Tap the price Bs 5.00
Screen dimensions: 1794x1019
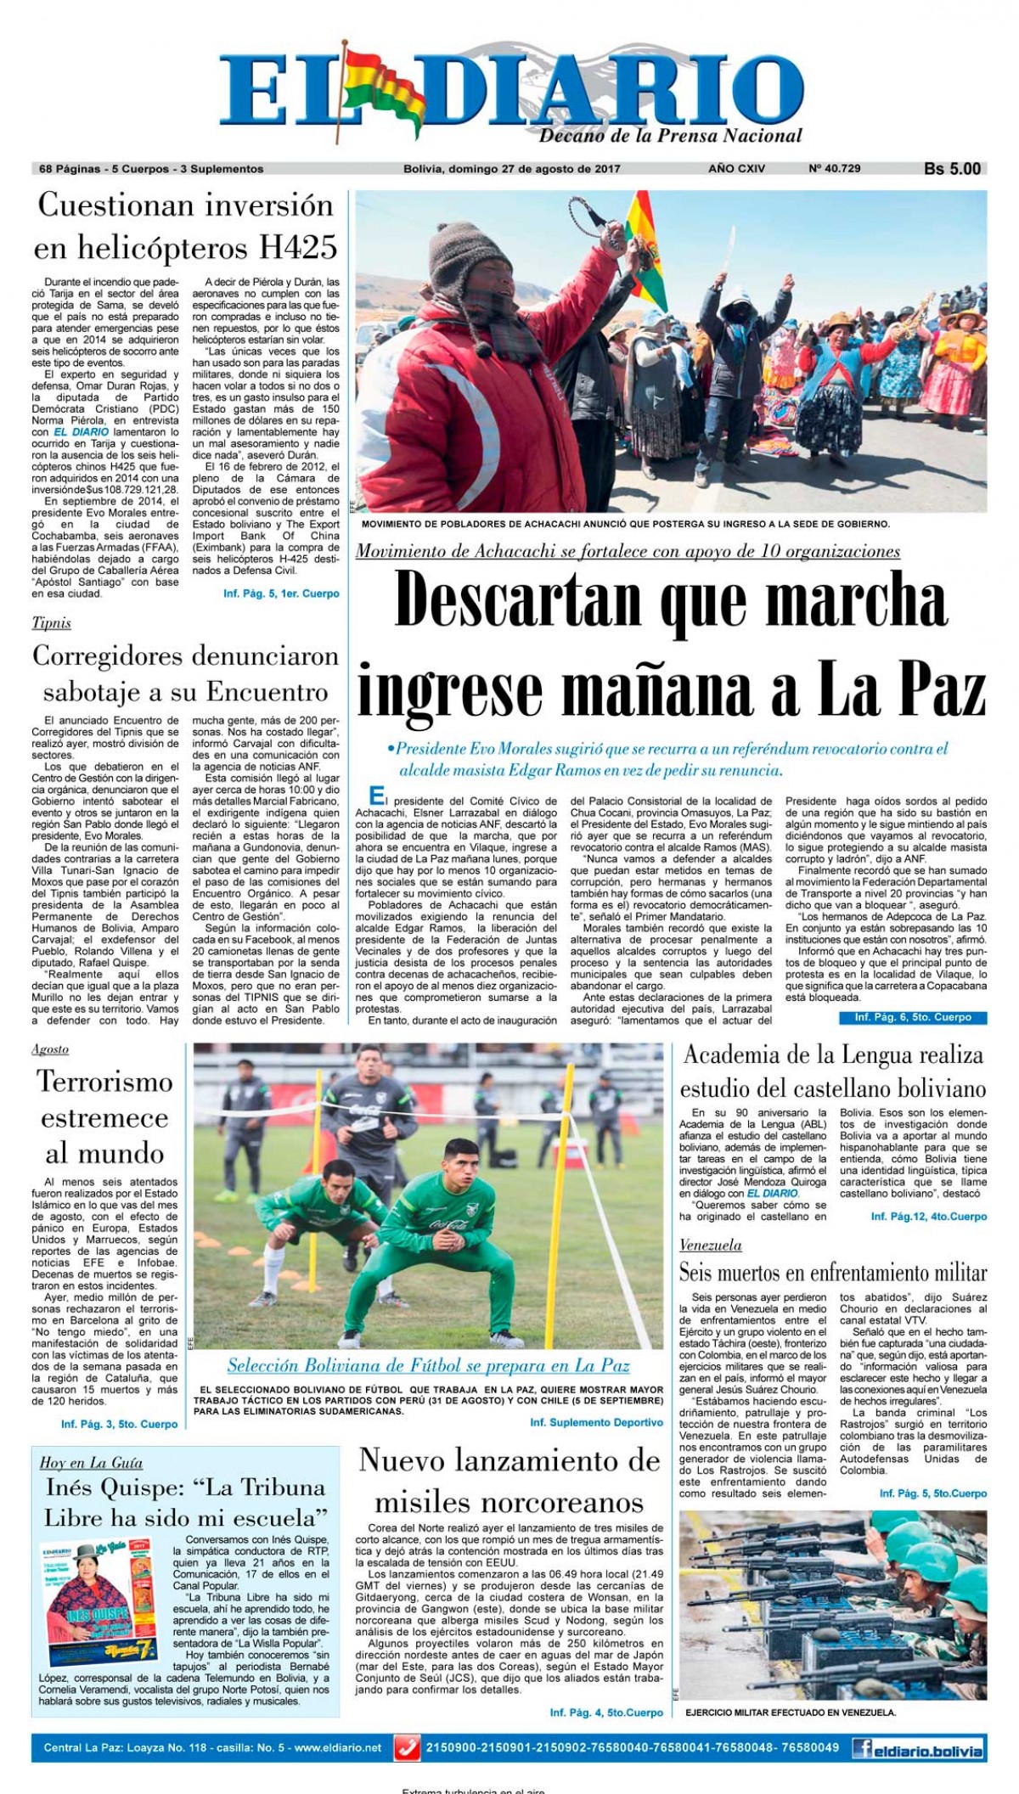pyautogui.click(x=952, y=169)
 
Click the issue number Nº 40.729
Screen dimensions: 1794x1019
pyautogui.click(x=834, y=169)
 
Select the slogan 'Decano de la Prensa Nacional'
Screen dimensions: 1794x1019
pyautogui.click(x=670, y=137)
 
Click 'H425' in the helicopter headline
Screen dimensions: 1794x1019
pyautogui.click(x=298, y=247)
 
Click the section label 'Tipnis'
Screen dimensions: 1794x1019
pyautogui.click(x=51, y=623)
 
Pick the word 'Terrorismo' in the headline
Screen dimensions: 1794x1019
pyautogui.click(x=104, y=1083)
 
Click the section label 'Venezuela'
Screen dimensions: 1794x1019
pyautogui.click(x=710, y=1246)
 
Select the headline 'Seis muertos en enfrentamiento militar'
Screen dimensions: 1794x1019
pyautogui.click(x=832, y=1273)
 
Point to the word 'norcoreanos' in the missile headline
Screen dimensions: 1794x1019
pyautogui.click(x=509, y=1502)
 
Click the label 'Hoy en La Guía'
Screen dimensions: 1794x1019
pyautogui.click(x=91, y=1463)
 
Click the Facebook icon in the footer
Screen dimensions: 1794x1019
pyautogui.click(x=864, y=1748)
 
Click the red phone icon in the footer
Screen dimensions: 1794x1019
pyautogui.click(x=408, y=1748)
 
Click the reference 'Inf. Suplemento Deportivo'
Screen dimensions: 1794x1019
pyautogui.click(x=596, y=1422)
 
